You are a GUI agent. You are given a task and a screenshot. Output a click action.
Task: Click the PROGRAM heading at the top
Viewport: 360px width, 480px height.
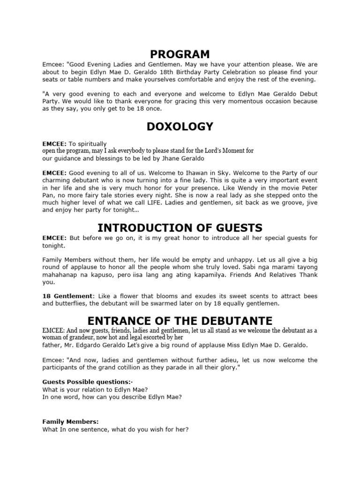point(180,54)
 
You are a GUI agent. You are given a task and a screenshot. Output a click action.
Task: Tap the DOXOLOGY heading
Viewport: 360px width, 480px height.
point(180,127)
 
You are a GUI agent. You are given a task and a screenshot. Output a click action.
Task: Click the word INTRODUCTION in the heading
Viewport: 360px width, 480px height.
point(141,228)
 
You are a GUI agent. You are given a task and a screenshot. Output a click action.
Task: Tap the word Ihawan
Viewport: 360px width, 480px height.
point(187,173)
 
